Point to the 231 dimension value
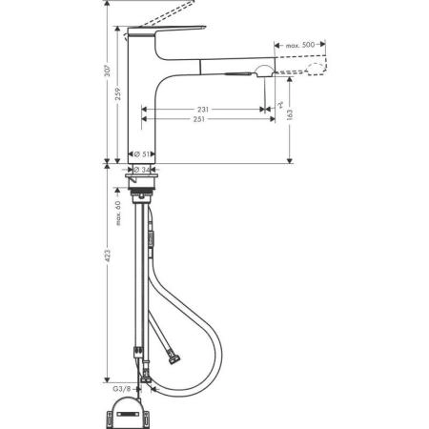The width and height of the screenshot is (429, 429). (x=203, y=111)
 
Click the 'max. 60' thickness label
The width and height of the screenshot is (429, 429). (x=119, y=211)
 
